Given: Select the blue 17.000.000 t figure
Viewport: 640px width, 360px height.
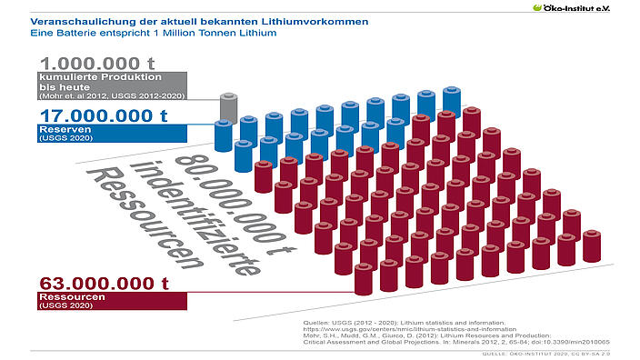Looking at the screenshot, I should (x=102, y=115).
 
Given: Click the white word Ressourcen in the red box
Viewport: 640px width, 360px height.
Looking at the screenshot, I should (x=69, y=296).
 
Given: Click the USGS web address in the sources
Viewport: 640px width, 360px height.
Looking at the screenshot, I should (x=392, y=328).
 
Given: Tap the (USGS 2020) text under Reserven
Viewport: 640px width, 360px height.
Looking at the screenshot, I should (x=55, y=139).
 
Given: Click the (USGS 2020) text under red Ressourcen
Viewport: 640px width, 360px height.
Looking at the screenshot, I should (x=55, y=305).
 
